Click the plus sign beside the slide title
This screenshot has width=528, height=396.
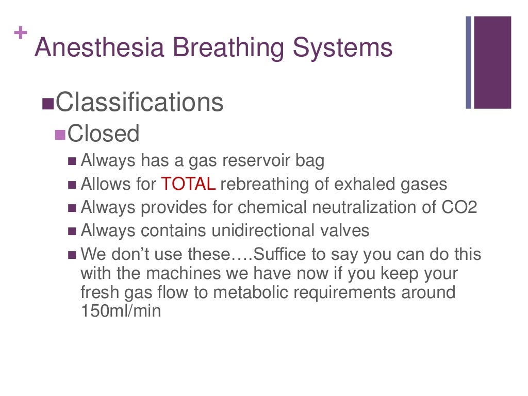pyautogui.click(x=21, y=33)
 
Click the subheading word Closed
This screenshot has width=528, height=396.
pyautogui.click(x=104, y=134)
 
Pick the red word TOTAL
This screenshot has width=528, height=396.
pyautogui.click(x=188, y=184)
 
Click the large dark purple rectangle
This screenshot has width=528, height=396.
pyautogui.click(x=492, y=62)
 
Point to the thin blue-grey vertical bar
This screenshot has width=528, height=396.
pyautogui.click(x=469, y=62)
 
